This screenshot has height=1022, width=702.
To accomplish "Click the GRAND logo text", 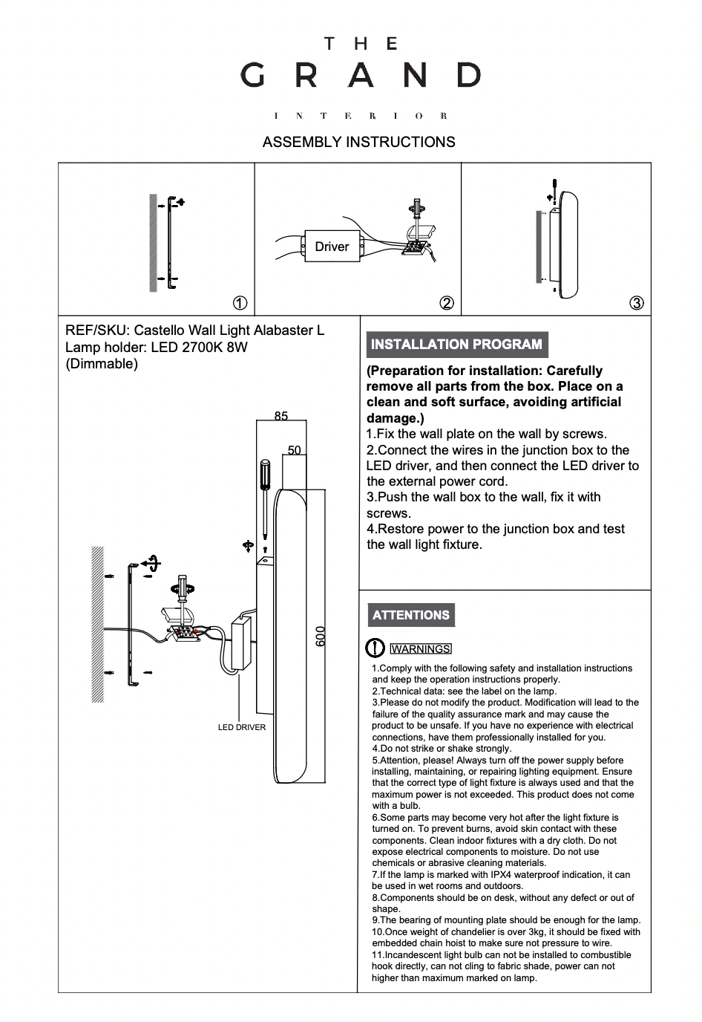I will click(x=361, y=75).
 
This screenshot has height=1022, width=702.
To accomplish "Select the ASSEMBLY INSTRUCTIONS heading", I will click(x=358, y=142).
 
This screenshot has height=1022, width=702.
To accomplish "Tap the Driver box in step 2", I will click(x=331, y=247).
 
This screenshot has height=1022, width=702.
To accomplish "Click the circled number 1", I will click(x=240, y=303).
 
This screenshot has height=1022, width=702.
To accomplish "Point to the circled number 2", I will click(x=447, y=303).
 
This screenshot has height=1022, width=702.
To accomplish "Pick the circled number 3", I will click(x=636, y=303).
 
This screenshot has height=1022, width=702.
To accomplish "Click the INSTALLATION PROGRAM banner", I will click(x=456, y=345).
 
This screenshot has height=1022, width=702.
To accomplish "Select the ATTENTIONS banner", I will click(x=411, y=615).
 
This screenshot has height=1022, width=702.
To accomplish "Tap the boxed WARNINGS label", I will click(x=421, y=649).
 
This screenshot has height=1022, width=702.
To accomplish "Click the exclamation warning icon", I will click(x=375, y=648).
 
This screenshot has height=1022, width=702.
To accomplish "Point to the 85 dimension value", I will click(x=281, y=417).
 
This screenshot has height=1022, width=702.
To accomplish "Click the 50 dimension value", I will click(x=295, y=450).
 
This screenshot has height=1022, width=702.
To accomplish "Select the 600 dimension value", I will click(x=321, y=636).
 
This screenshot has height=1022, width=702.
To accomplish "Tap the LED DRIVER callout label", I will click(x=241, y=727).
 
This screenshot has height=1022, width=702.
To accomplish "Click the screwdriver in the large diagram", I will click(x=265, y=498).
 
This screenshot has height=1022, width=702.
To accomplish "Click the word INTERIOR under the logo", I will click(x=361, y=116).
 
